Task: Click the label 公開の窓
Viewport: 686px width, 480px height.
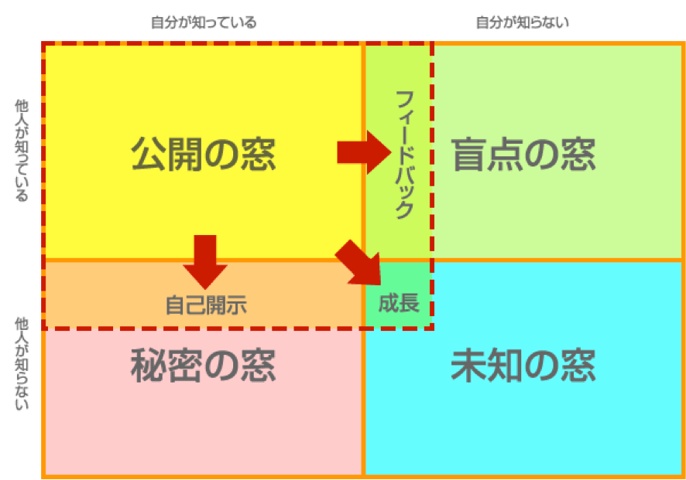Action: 204,154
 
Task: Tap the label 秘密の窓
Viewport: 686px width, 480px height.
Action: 204,365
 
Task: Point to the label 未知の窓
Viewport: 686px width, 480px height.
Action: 523,365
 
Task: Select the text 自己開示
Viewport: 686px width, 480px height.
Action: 206,305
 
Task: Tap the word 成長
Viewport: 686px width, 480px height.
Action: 399,303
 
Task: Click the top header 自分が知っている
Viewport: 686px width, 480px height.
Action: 204,22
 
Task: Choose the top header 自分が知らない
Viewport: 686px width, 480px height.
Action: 523,22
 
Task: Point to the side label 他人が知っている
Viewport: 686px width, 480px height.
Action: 22,150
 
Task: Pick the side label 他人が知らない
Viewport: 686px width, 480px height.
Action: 22,363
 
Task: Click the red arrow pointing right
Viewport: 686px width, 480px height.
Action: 364,152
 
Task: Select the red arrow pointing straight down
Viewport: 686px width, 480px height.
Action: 205,262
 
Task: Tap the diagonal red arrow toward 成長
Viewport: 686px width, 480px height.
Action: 358,263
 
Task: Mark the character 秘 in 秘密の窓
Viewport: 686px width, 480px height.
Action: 149,365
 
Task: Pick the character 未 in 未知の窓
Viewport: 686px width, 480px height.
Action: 468,365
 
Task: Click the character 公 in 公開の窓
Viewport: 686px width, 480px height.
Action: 149,154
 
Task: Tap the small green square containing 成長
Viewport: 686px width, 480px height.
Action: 398,294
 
